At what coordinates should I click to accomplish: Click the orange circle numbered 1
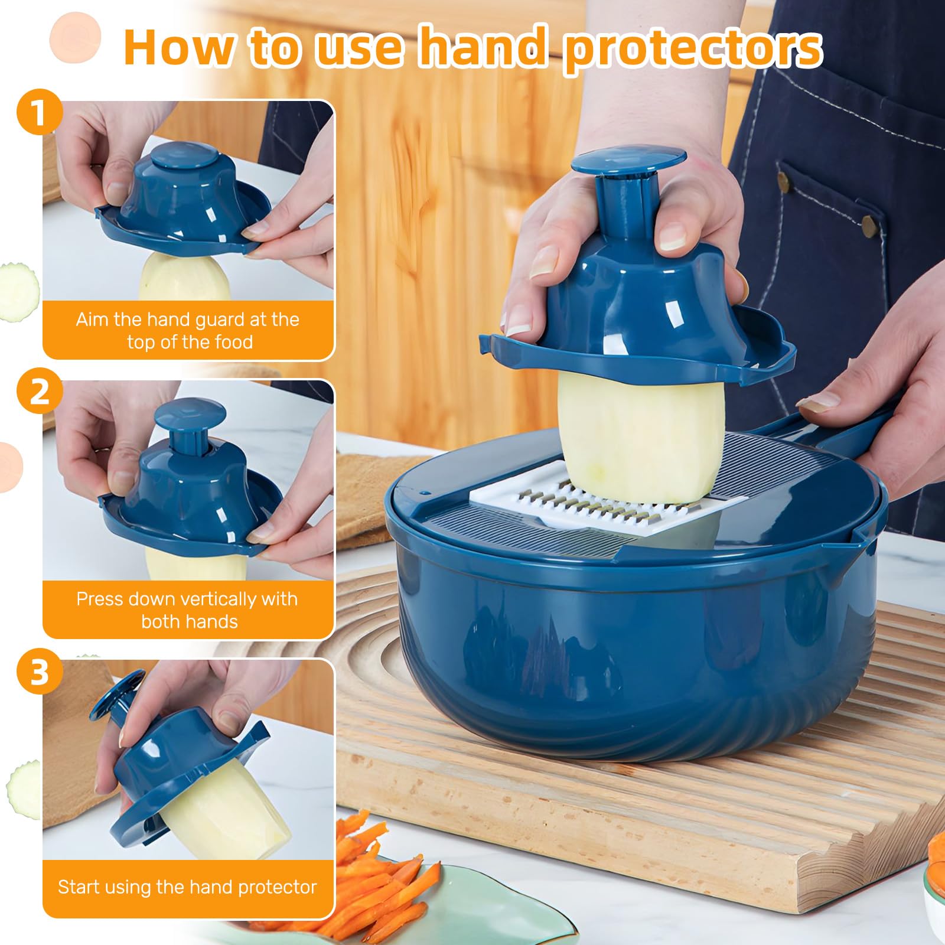[x=39, y=112]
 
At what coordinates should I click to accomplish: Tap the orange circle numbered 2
[x=39, y=391]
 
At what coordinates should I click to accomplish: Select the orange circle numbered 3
[x=39, y=671]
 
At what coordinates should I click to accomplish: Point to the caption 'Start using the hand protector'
[x=188, y=887]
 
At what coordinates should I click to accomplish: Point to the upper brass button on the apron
[x=784, y=181]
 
